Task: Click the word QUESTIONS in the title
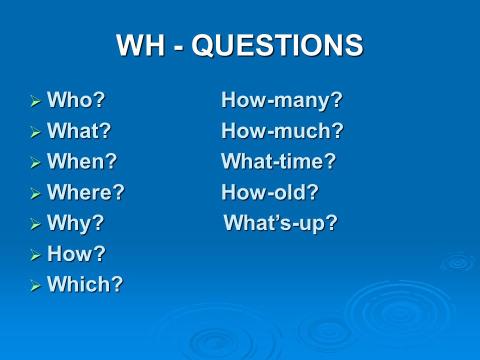[277, 45]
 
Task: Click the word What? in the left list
[79, 130]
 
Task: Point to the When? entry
[82, 161]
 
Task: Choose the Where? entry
[85, 192]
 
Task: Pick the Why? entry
[75, 223]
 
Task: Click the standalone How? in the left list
[76, 253]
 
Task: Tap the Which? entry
[85, 284]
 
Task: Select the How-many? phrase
[282, 100]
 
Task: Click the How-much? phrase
[282, 130]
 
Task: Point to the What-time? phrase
[278, 161]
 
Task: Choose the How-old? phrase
[270, 192]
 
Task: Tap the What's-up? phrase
[280, 223]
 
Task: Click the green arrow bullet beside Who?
[35, 101]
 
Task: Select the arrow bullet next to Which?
[35, 285]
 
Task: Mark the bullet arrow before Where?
[35, 193]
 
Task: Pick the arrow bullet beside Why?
[35, 224]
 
